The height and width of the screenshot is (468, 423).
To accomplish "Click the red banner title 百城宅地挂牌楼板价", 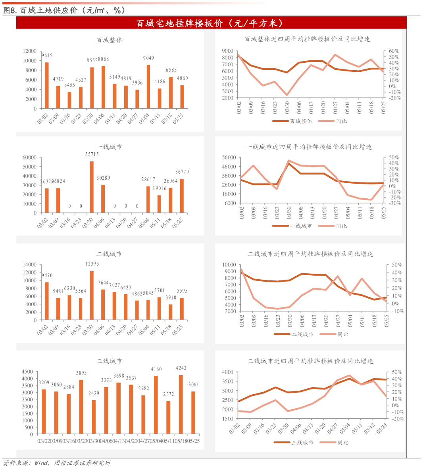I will click(x=211, y=23).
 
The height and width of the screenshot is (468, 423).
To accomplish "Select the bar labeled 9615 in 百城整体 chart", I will click(x=47, y=85).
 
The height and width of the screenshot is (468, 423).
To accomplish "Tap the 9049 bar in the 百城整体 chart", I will click(x=148, y=86).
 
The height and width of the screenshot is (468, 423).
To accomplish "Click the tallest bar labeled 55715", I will click(x=92, y=187).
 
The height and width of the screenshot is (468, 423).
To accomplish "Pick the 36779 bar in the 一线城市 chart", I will click(x=182, y=196).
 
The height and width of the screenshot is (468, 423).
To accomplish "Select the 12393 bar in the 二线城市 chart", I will click(x=92, y=295).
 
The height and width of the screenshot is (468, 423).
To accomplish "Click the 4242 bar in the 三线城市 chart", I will click(x=181, y=404).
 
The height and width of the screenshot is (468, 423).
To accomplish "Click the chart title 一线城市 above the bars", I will click(x=109, y=147).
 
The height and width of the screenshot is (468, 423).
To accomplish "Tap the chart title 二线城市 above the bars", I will click(x=109, y=254).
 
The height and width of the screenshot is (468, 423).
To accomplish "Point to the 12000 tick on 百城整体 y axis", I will click(x=30, y=51).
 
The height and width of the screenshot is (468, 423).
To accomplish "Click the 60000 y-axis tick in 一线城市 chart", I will click(x=30, y=157).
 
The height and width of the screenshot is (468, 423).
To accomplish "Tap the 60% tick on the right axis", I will click(x=394, y=51).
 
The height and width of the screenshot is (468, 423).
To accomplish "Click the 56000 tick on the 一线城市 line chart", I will click(x=229, y=157).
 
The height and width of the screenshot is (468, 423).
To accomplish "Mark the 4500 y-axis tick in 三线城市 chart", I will click(x=27, y=372).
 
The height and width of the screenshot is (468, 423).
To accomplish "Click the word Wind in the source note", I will click(x=41, y=463).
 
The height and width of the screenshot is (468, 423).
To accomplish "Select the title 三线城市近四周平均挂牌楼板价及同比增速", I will click(x=310, y=361).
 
